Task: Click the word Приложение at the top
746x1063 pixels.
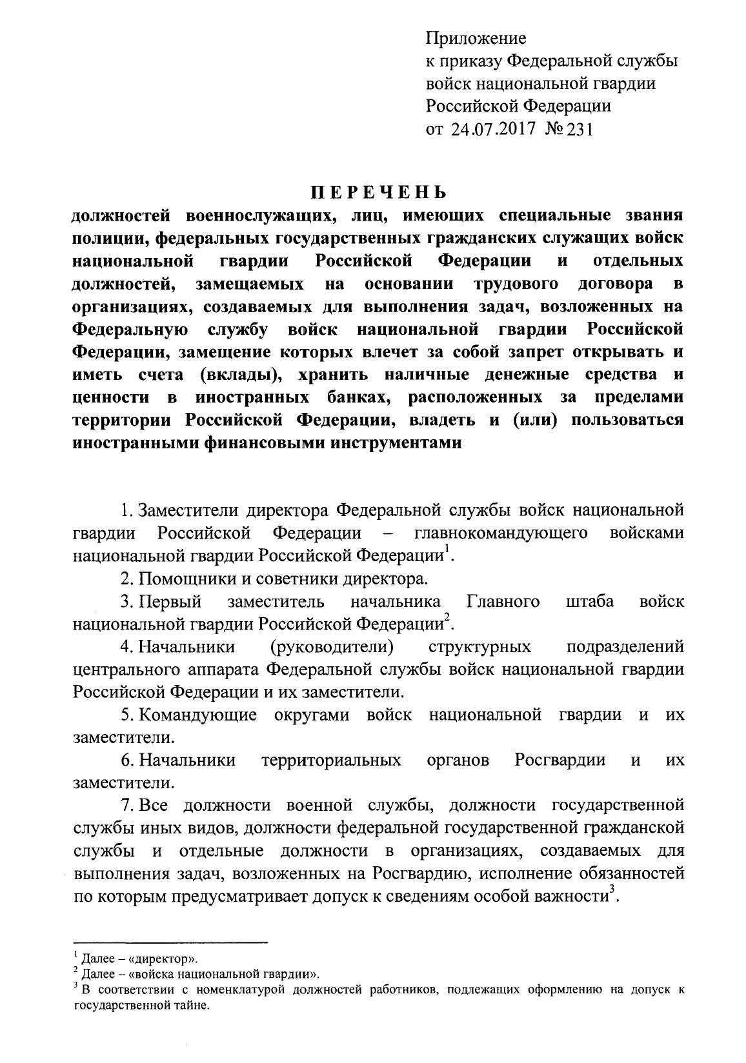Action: click(476, 39)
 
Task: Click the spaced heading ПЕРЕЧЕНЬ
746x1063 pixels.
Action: click(377, 193)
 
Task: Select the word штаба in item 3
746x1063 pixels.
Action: click(589, 602)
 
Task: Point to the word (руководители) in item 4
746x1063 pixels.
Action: click(332, 647)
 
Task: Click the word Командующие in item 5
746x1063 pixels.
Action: click(197, 715)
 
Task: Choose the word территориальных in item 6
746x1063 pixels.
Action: click(331, 760)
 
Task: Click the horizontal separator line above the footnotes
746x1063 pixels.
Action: click(170, 942)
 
